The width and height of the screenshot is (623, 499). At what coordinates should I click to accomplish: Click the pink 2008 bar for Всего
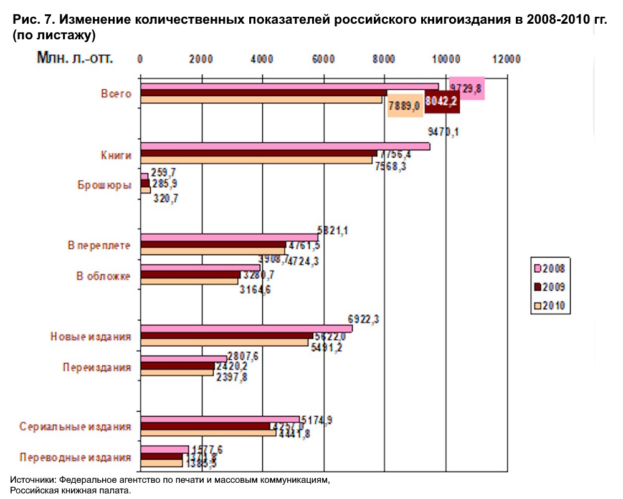click(x=290, y=87)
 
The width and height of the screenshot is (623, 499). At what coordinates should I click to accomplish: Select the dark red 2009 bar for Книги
click(x=259, y=153)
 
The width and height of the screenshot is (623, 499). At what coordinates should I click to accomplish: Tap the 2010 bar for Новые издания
click(x=224, y=342)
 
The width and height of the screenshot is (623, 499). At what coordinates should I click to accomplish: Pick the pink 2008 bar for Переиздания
click(x=184, y=359)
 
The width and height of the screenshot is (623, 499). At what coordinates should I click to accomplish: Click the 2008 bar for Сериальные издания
click(x=220, y=420)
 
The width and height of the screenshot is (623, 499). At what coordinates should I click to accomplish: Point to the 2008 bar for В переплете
click(x=229, y=237)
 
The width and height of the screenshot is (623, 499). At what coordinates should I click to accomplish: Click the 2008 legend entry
click(x=548, y=268)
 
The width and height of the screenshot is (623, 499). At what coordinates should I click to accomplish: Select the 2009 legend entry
click(x=548, y=287)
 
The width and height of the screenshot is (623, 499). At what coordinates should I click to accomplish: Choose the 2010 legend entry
click(x=548, y=306)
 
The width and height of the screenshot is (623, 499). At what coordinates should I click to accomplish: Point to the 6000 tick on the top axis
click(x=323, y=59)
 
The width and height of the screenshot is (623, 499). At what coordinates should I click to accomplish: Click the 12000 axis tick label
click(x=505, y=59)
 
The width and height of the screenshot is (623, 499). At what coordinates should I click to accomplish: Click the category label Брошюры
click(x=104, y=185)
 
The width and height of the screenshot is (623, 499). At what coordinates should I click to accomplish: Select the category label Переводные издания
click(x=75, y=457)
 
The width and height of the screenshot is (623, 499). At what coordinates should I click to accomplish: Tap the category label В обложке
click(x=103, y=276)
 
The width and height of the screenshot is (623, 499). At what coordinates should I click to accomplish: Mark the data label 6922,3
click(x=365, y=320)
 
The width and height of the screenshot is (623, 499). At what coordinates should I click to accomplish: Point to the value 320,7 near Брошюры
click(x=165, y=198)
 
